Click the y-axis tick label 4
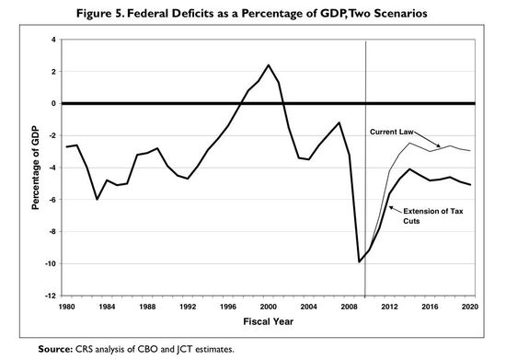[x=53, y=40]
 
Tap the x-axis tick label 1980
[x=66, y=307]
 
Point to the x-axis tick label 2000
[x=268, y=307]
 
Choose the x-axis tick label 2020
[x=469, y=307]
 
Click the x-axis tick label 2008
[x=349, y=307]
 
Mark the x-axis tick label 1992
[x=187, y=307]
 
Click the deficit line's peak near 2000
[x=268, y=65]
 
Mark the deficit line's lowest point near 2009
[x=359, y=261]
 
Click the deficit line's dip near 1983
[x=97, y=199]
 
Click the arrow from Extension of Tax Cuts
[x=397, y=209]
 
